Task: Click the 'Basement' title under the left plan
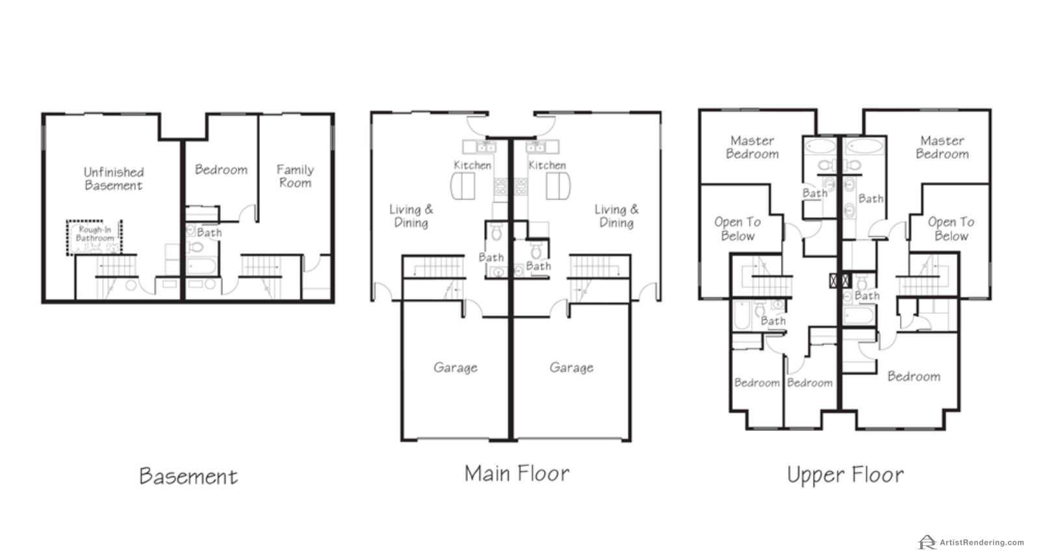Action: click(x=188, y=476)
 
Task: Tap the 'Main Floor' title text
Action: click(x=517, y=474)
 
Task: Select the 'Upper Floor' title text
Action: click(x=845, y=475)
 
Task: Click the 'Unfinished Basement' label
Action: click(x=114, y=179)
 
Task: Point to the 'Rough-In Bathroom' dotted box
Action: click(x=94, y=238)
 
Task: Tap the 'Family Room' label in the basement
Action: click(x=295, y=176)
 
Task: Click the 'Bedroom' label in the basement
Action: click(x=221, y=170)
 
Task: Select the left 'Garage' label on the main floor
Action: click(x=456, y=368)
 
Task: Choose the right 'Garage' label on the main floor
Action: click(x=571, y=368)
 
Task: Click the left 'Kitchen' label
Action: click(x=472, y=165)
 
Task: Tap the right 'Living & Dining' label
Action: click(x=617, y=216)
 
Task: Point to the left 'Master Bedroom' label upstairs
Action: click(x=752, y=147)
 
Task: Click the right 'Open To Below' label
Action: click(x=951, y=229)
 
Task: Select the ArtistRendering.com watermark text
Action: click(x=981, y=542)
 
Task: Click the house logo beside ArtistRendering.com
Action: click(x=927, y=541)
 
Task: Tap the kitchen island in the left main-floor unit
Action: click(x=463, y=186)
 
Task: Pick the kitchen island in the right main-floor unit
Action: click(x=558, y=186)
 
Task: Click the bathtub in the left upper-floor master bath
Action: click(x=821, y=146)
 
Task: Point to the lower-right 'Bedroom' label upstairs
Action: click(x=914, y=376)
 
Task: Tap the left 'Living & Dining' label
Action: click(x=411, y=216)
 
